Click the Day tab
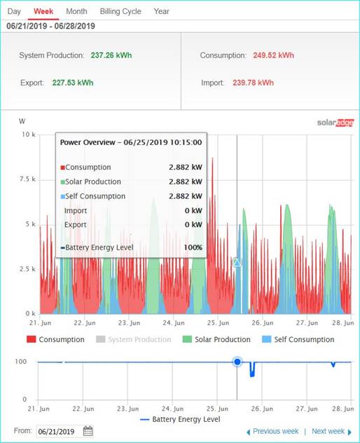[14, 12]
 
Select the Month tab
[76, 11]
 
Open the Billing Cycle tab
[120, 12]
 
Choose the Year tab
[162, 11]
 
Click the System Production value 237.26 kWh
[111, 55]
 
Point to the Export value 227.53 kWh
[73, 83]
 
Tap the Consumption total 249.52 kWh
[273, 55]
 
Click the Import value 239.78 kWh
[254, 83]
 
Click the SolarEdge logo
[335, 123]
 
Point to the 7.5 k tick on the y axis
[28, 179]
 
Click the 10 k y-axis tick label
[29, 135]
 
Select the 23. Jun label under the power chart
[129, 322]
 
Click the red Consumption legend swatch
[31, 339]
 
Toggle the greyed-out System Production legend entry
[134, 339]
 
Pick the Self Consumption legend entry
[298, 339]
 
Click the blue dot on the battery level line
[237, 362]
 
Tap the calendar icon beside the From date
[88, 431]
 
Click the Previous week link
[272, 431]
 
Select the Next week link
[331, 431]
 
